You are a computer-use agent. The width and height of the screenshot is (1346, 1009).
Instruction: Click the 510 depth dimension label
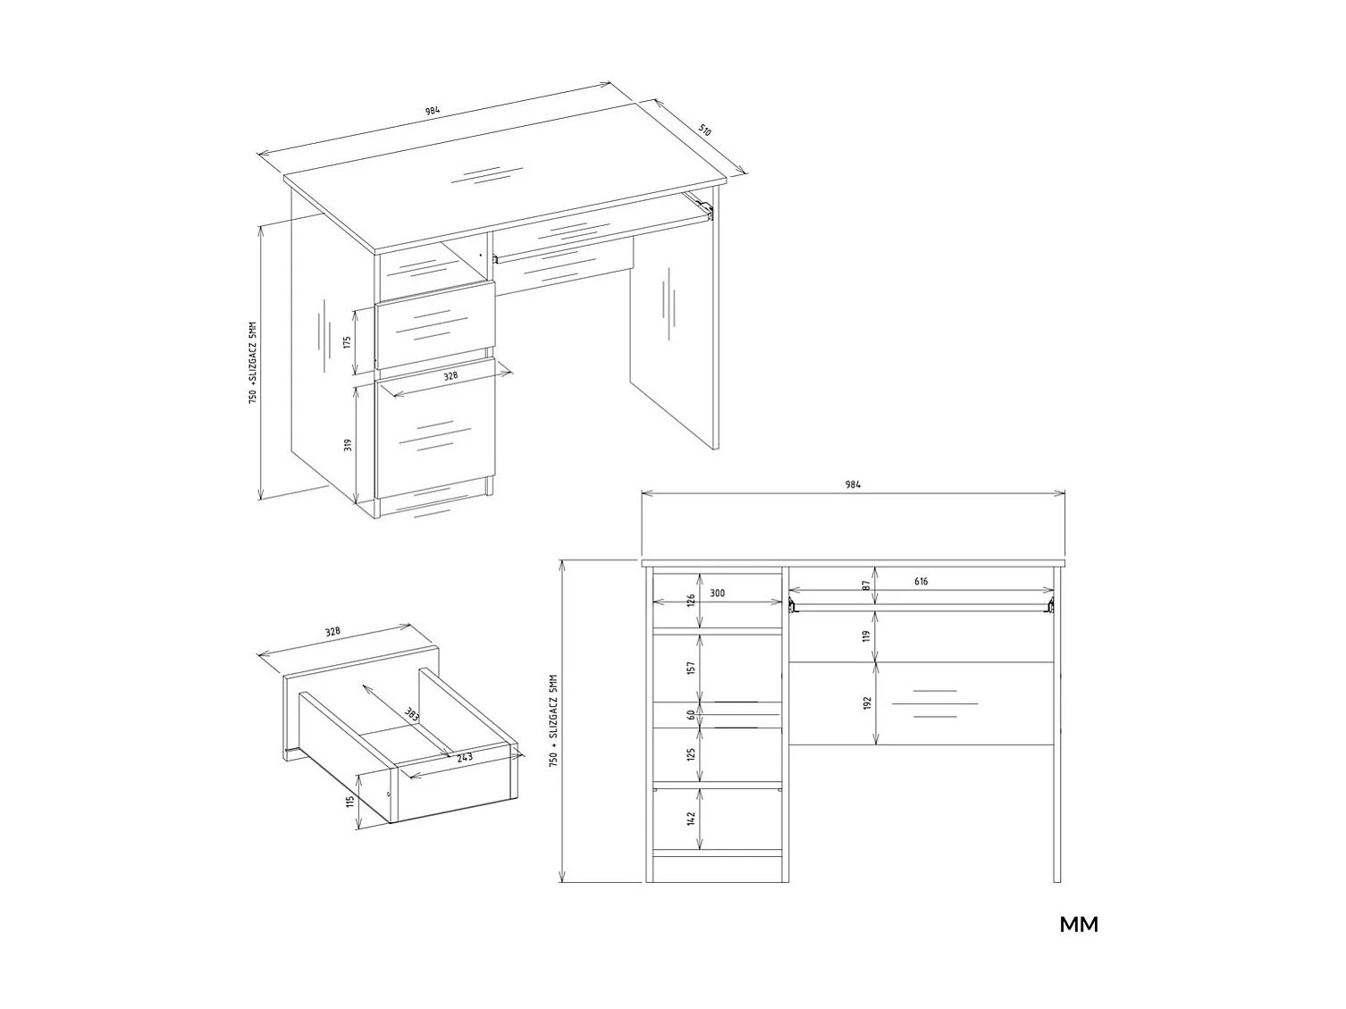coord(705,130)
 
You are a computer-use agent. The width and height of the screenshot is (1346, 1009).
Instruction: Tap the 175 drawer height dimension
coord(346,342)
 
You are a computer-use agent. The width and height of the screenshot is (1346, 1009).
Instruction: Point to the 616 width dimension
coord(921,582)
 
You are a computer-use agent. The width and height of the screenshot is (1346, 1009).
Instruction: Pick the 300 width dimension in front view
coord(718,593)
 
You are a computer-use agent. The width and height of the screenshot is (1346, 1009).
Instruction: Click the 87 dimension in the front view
coord(866,585)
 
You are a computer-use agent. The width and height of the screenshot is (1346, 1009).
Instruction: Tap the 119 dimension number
coord(866,636)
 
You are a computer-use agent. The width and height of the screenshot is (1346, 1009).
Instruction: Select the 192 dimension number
coord(866,703)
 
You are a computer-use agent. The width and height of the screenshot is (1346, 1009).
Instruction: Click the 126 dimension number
coord(691,600)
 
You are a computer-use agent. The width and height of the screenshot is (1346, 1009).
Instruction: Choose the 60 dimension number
coord(691,715)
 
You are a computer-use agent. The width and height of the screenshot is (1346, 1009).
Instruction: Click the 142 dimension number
coord(691,818)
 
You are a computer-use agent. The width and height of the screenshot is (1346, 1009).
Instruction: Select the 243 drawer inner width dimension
coord(464,757)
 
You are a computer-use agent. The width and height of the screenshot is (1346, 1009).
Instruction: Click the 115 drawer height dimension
coord(350,801)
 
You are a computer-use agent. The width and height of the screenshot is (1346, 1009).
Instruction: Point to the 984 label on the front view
coord(853,484)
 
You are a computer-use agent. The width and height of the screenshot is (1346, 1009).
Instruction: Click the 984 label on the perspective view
coord(432,113)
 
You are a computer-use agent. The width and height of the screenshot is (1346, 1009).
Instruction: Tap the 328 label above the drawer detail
coord(332,632)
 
